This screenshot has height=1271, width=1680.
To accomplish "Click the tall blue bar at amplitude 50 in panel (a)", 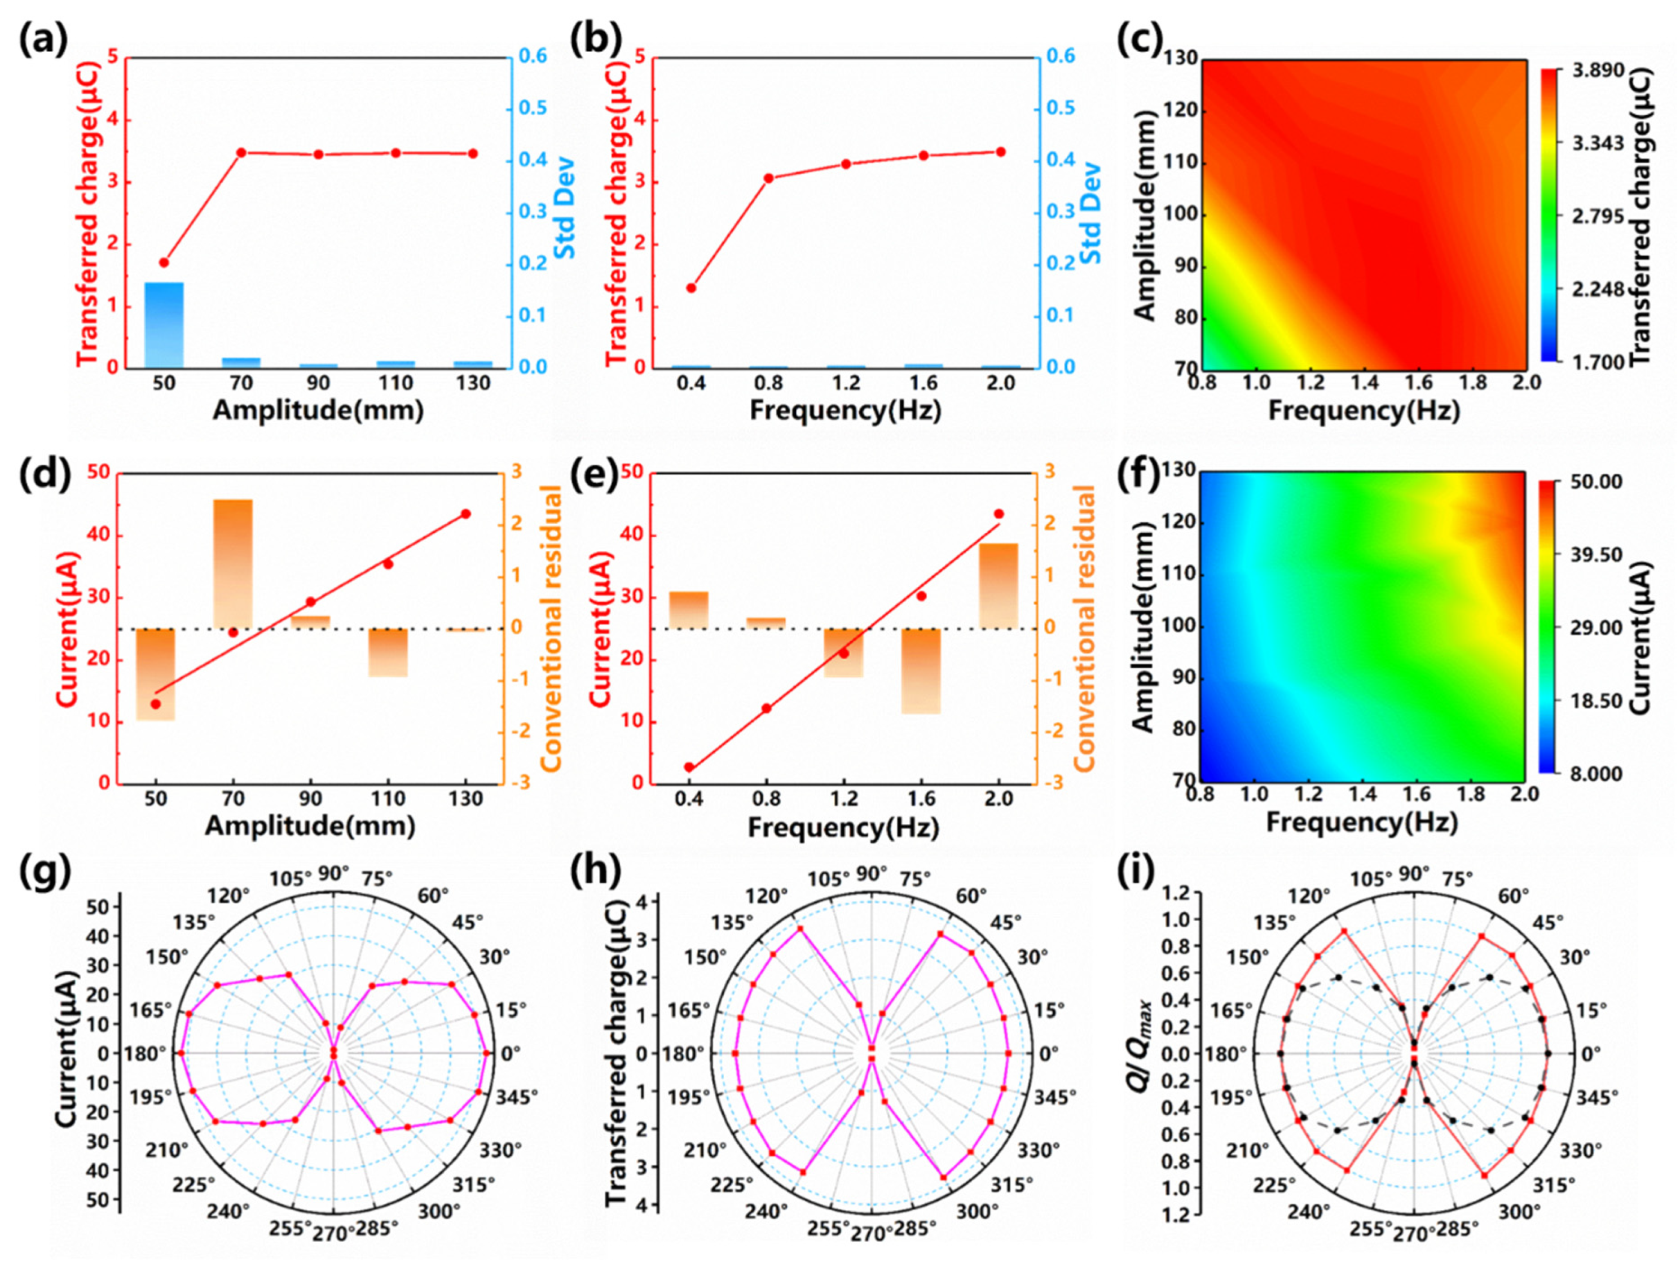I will coord(164,325).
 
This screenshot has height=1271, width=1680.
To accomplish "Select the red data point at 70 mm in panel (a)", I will coord(241,153).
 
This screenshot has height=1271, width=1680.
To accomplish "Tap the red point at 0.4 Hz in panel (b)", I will coord(691,288).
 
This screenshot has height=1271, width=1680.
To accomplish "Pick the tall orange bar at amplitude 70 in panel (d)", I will coord(233,564).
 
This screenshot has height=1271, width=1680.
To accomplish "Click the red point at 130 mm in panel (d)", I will coord(465,514).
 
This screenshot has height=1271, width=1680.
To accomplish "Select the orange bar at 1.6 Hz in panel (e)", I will coord(921,672).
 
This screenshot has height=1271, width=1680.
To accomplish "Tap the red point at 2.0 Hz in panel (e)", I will coord(999,514).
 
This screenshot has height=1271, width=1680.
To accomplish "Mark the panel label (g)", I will coord(43,875).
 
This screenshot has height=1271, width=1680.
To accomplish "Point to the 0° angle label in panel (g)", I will coord(511,1054).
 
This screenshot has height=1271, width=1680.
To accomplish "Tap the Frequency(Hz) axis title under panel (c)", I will coord(1364,411).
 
